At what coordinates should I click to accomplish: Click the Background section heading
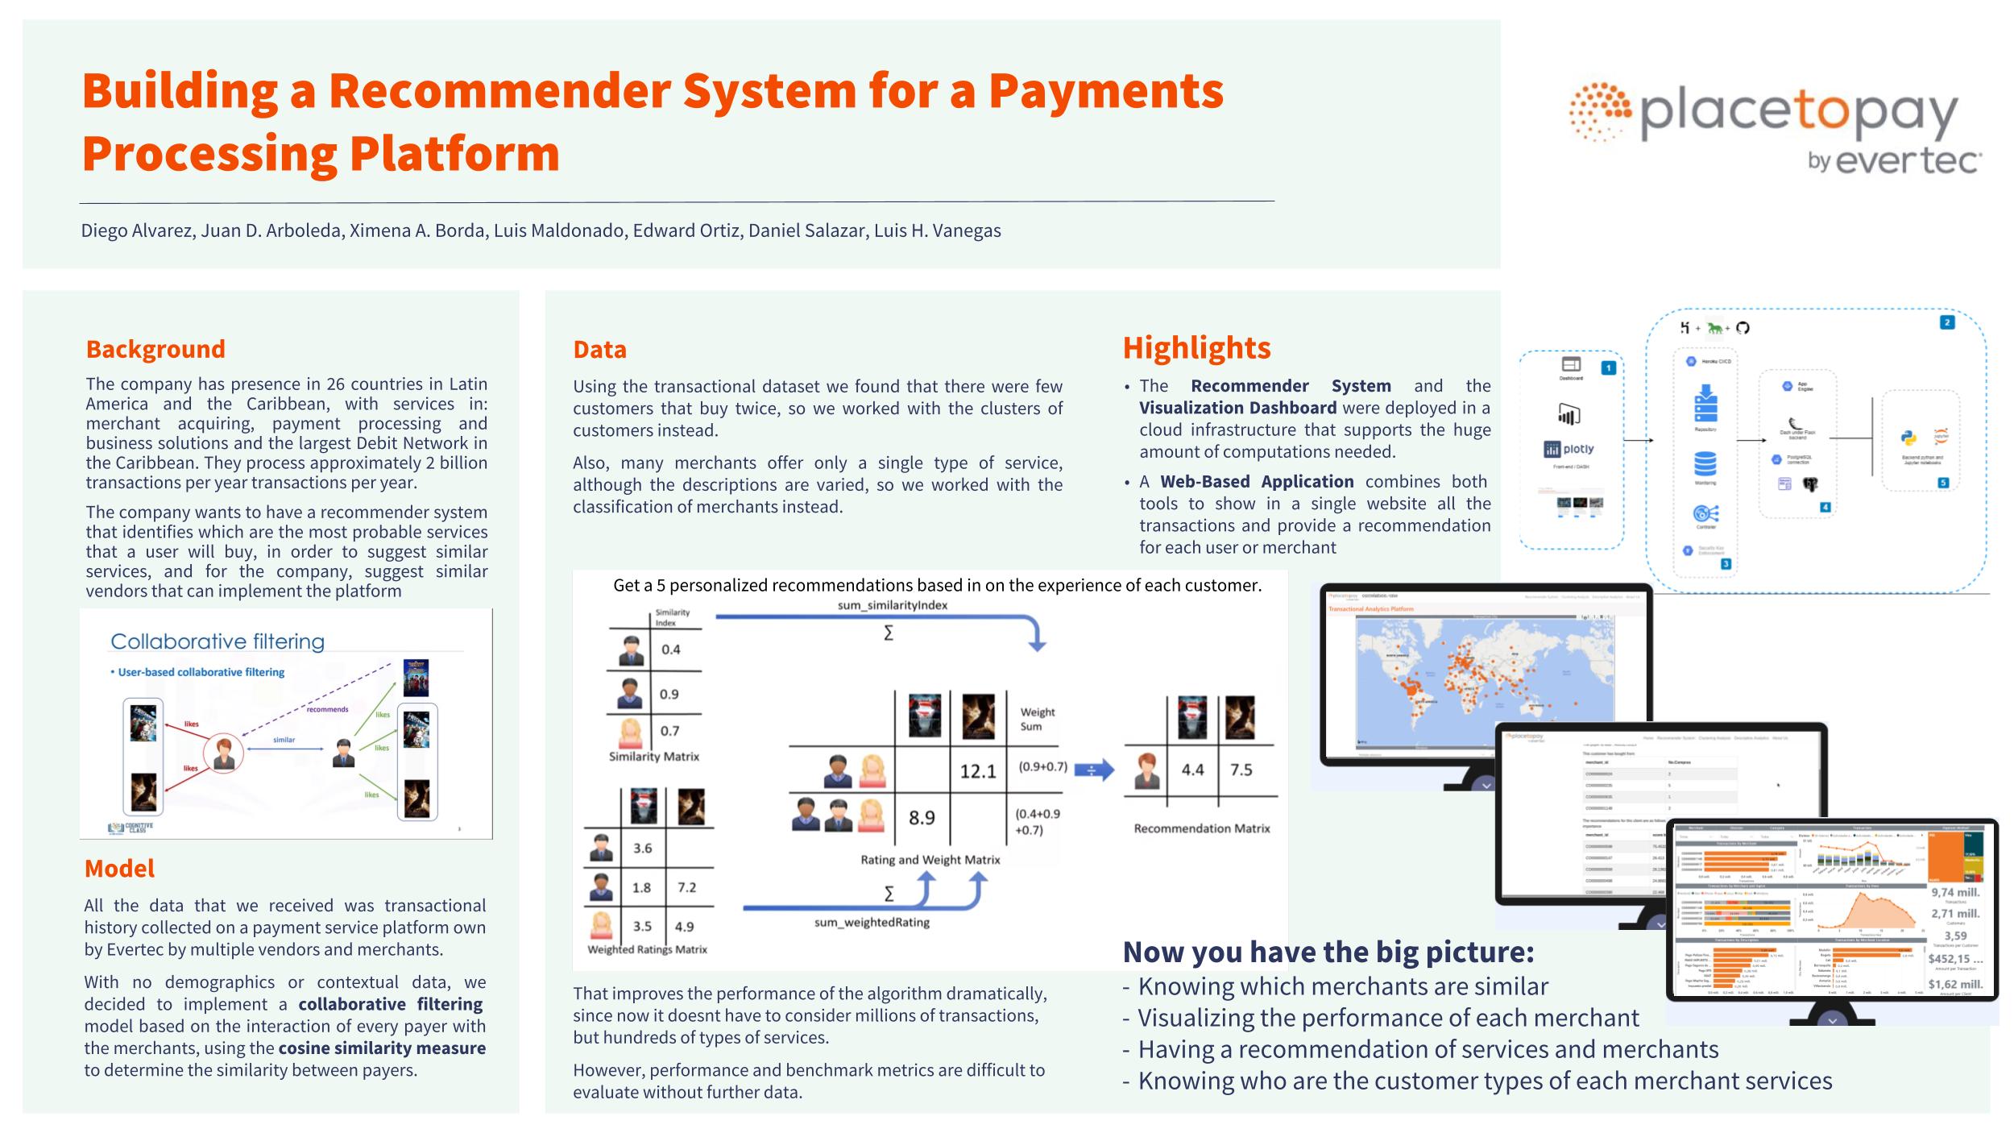155,349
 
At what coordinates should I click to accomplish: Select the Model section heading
119,868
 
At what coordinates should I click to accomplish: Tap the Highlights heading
1196,347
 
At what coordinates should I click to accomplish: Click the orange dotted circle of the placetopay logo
1600,112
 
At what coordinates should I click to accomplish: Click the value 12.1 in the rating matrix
977,771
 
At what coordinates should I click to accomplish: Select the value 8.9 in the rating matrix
922,818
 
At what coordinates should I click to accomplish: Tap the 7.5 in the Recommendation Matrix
1241,770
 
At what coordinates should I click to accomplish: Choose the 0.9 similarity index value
669,694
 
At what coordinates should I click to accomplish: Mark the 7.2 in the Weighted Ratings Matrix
686,887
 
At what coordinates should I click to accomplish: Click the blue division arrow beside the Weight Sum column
1094,770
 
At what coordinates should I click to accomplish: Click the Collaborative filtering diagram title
218,641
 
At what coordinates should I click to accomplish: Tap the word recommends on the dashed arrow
327,709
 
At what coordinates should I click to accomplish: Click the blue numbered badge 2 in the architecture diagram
1947,322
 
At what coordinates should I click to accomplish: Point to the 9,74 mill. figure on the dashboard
1954,893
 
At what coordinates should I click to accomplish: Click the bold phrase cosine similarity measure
382,1048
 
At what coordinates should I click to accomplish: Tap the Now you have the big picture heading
1328,952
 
